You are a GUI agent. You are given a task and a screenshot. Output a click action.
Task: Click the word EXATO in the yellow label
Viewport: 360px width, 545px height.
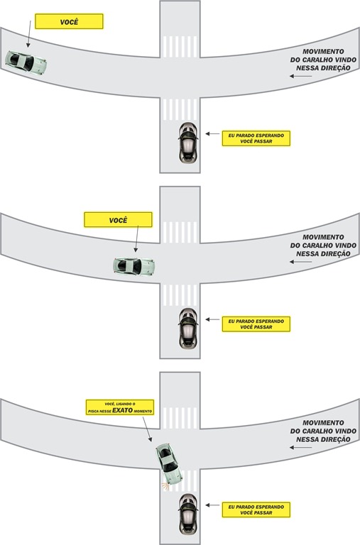122,410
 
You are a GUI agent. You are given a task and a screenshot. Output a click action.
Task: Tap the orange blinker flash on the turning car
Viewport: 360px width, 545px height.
165,486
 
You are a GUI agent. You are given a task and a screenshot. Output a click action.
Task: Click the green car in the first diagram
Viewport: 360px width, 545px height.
26,62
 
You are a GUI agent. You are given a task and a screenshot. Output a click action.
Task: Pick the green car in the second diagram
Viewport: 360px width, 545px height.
134,267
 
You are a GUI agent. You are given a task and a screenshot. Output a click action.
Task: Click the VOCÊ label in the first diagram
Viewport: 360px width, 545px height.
69,21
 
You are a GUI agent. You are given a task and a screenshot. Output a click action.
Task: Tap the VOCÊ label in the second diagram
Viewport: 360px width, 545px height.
119,220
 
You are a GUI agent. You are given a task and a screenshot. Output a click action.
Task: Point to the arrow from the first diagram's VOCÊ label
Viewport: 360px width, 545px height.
29,34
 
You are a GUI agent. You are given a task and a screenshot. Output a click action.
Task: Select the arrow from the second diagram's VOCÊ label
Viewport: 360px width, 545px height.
137,238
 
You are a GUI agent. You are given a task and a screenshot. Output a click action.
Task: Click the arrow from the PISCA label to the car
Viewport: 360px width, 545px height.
147,429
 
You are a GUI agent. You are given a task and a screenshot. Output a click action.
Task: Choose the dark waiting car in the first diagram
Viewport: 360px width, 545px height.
188,143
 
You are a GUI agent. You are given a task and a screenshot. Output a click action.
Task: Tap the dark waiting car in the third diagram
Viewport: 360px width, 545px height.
188,514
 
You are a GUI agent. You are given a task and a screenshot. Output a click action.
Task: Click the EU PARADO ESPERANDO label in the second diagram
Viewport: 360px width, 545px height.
256,324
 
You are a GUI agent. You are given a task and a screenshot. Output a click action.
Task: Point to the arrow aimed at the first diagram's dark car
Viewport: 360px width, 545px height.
212,133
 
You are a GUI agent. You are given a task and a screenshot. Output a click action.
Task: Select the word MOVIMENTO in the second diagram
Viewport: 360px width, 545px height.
323,237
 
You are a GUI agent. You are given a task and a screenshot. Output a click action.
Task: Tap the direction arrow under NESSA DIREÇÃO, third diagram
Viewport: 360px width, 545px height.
300,448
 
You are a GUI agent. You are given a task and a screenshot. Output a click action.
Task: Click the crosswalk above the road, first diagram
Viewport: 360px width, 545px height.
180,47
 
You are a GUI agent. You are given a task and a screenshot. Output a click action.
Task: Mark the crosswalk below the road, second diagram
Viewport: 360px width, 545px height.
180,295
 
